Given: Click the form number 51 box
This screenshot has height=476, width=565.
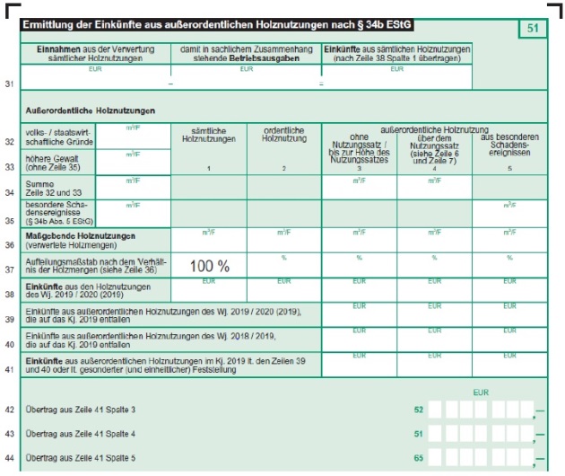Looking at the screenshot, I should [532, 30].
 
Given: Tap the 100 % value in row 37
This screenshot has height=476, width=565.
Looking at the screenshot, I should [209, 266].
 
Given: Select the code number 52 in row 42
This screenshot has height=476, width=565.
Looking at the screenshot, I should [418, 410].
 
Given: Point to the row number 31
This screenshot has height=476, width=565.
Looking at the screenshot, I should [10, 84].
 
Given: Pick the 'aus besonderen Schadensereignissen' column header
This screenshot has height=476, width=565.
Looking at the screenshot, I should [508, 144].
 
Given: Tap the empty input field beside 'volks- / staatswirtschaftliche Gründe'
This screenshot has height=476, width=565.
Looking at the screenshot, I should [133, 140].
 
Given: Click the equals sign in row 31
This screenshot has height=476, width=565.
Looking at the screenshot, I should [321, 84].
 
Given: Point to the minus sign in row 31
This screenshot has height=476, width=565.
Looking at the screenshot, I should [170, 84].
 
